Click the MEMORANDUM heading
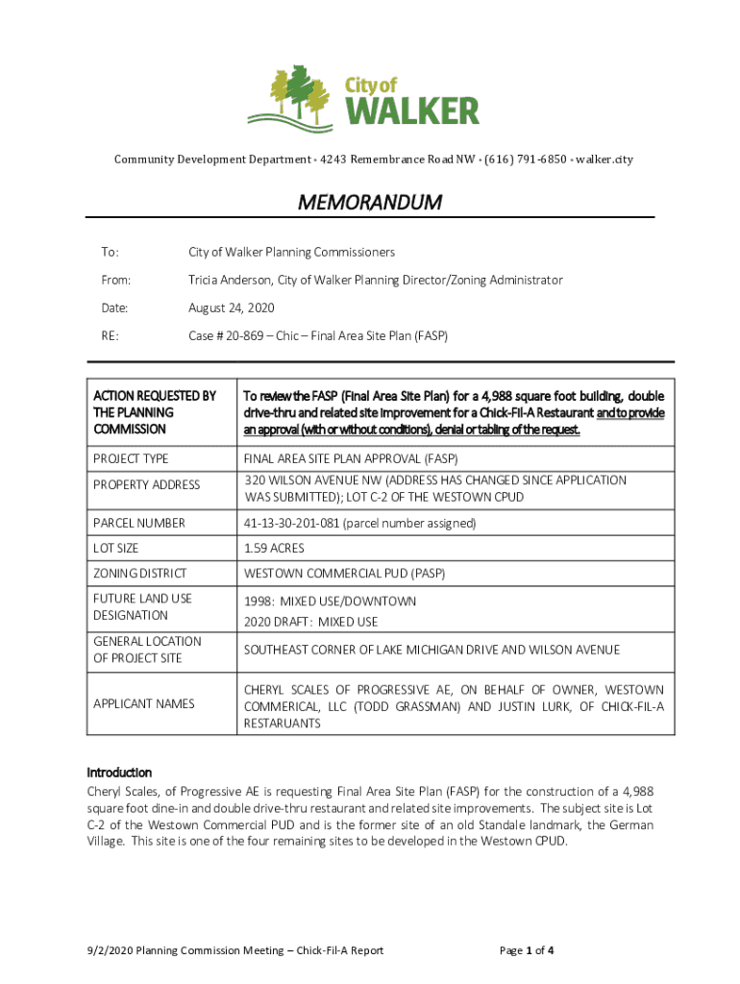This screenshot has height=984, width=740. point(370,203)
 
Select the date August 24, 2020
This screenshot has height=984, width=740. point(231,308)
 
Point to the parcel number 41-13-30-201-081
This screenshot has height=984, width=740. point(312,524)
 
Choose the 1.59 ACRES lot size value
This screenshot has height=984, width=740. point(274,549)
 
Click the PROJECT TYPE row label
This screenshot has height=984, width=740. point(131,459)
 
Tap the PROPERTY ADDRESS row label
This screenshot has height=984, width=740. point(146,485)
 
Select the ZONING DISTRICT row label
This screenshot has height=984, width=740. point(140,574)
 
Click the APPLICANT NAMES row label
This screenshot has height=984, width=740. point(143,704)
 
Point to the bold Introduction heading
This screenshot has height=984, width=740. point(119,773)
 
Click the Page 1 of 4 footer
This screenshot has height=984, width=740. point(526,950)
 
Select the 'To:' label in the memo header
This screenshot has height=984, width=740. point(111,253)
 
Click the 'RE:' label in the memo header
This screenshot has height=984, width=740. point(111,337)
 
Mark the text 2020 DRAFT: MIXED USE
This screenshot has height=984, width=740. point(310,622)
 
